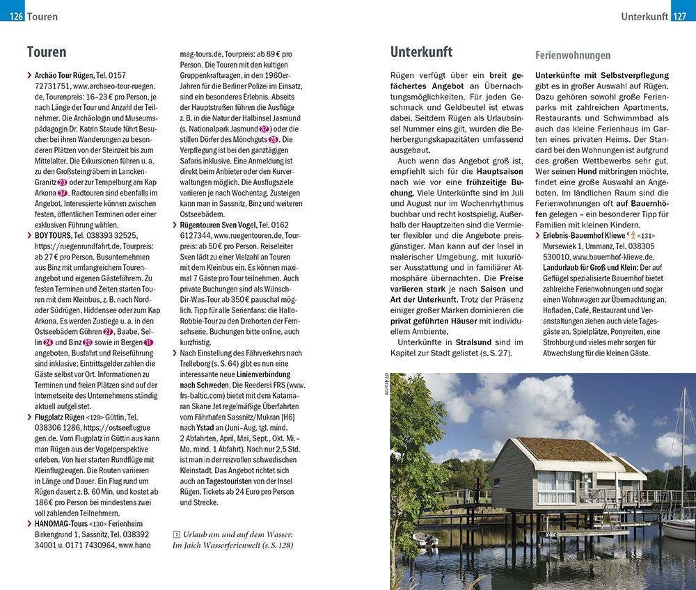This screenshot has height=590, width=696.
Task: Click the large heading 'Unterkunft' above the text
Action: coord(421,51)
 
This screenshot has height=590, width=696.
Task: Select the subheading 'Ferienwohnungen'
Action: coord(573,55)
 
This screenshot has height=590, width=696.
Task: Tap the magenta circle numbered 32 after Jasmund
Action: coord(264,129)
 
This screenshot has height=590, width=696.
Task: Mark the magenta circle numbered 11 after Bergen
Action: coord(148,343)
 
